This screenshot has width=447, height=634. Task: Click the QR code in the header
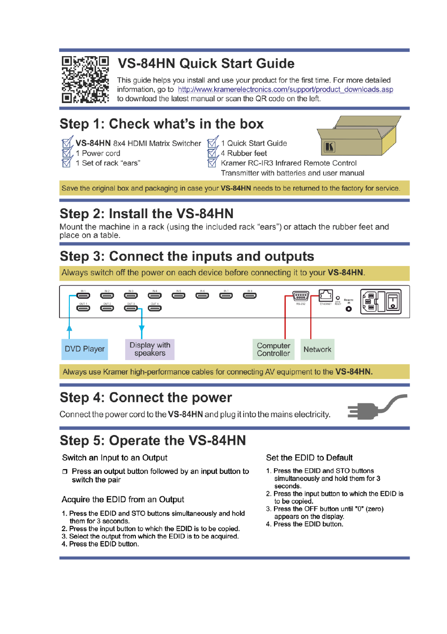[x=85, y=79]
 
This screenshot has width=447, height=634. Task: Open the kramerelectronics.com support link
[x=285, y=89]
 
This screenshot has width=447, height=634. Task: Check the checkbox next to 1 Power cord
[x=67, y=153]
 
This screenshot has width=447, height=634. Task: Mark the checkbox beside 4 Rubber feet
[x=212, y=153]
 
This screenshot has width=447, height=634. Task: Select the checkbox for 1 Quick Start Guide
[x=212, y=142]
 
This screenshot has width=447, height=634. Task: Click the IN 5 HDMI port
[x=179, y=295]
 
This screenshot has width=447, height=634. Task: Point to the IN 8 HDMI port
[x=250, y=295]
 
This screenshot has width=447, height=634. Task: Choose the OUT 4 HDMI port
[x=155, y=308]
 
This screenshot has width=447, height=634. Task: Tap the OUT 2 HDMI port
[x=107, y=308]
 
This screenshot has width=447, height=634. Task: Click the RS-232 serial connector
[x=301, y=296]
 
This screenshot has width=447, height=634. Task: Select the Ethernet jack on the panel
[x=326, y=295]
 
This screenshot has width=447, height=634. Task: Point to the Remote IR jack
[x=349, y=309]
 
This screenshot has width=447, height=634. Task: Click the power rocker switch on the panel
[x=393, y=302]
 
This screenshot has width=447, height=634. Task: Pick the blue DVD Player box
[x=84, y=349]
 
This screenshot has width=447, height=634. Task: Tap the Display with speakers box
[x=150, y=349]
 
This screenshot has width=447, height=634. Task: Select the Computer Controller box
[x=274, y=349]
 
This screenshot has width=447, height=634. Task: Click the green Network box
[x=317, y=349]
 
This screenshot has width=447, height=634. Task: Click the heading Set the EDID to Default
[x=309, y=457]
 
